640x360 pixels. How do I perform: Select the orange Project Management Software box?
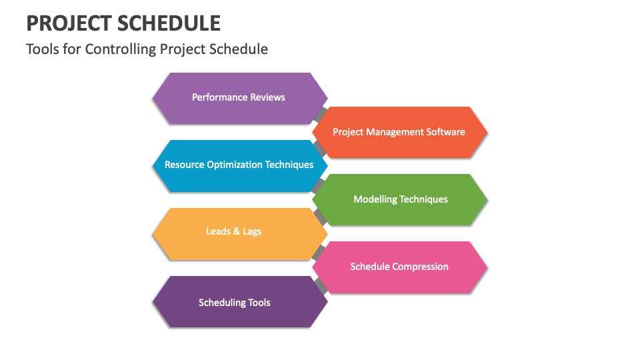coord(399,132)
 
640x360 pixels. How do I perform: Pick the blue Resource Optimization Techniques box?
coord(239,165)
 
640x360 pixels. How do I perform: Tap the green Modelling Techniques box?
coord(400,199)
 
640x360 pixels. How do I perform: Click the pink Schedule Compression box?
coord(400,267)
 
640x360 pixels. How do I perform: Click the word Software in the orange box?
coord(444,132)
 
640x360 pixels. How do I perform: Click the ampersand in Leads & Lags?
coord(234,232)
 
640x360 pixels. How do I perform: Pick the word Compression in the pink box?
coord(421,267)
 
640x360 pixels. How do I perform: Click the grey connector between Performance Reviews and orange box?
coord(321,115)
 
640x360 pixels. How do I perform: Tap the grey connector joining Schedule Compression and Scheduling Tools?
coord(321,285)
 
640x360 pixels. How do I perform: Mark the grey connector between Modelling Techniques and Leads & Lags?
coord(321,217)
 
